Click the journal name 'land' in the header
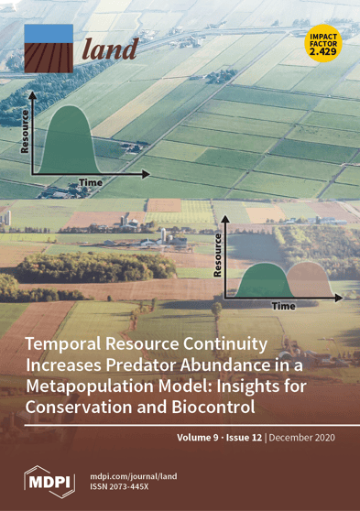[110, 49]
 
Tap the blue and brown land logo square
[49, 49]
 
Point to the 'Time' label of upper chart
[90, 183]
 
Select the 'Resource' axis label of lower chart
[218, 255]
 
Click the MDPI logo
[49, 479]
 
